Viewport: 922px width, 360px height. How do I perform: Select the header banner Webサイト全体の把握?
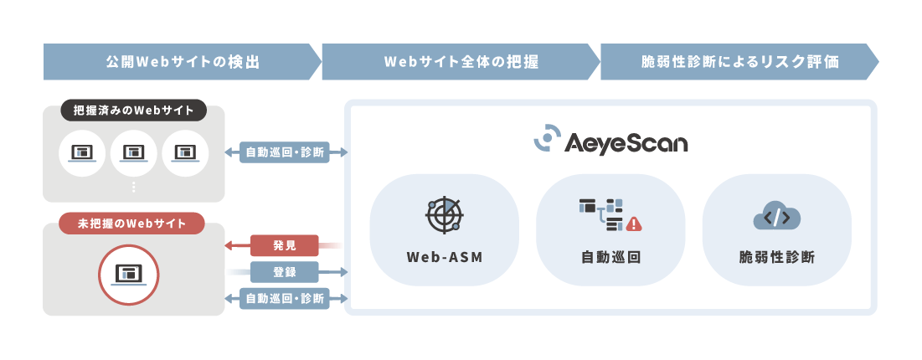point(461,62)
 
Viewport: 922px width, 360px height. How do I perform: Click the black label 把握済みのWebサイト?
point(134,111)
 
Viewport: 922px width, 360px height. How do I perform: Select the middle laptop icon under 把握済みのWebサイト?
point(134,153)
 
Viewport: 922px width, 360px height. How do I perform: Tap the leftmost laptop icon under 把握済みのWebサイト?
point(83,153)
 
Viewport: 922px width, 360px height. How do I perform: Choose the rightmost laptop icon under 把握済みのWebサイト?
point(185,153)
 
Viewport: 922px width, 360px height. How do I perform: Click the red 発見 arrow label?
point(285,245)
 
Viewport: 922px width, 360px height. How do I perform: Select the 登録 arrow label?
point(285,271)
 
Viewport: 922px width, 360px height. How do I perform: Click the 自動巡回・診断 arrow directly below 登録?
point(285,297)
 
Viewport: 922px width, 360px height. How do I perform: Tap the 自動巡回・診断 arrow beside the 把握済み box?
point(285,153)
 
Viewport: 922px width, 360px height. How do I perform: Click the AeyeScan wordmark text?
point(626,141)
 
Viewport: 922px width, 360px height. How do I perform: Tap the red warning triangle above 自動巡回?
point(633,224)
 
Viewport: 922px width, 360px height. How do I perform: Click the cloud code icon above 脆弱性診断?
point(776,217)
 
